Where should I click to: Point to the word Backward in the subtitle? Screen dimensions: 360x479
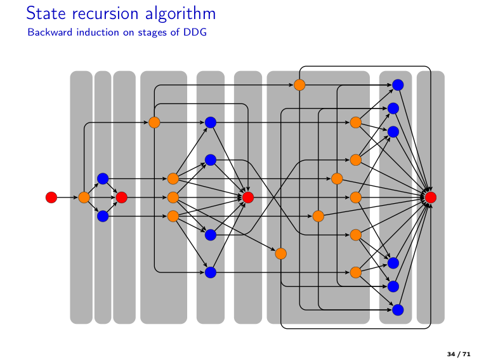pos(48,32)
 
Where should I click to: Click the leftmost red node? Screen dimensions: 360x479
pos(51,197)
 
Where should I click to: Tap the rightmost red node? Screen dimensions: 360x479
pos(431,197)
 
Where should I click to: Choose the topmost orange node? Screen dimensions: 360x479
pos(299,84)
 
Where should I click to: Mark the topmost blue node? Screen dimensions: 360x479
pos(398,84)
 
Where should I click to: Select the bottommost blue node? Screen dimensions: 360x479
pos(398,310)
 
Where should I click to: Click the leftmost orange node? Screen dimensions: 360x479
pos(84,197)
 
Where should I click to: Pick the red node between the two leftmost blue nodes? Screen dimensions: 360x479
pos(122,197)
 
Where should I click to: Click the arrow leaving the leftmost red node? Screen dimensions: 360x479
pos(67,197)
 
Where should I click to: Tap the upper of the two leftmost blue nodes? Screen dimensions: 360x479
pos(103,178)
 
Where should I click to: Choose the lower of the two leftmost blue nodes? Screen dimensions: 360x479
pos(103,217)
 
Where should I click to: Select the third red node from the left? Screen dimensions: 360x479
pos(248,197)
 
